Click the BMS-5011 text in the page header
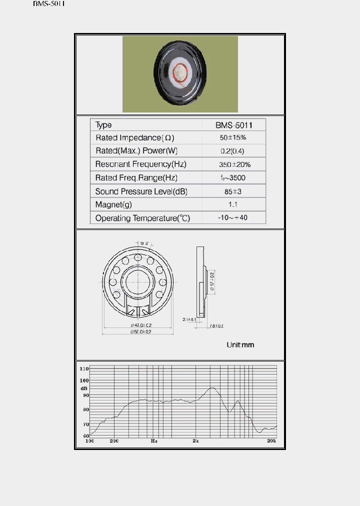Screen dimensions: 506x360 [49, 3]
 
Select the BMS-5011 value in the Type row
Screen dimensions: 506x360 [233, 124]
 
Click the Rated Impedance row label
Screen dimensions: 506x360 [135, 137]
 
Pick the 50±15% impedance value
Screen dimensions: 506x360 [233, 137]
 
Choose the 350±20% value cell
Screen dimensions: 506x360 [233, 164]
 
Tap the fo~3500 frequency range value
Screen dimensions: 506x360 [233, 178]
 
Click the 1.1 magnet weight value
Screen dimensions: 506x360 [233, 204]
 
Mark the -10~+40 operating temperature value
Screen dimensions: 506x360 [233, 218]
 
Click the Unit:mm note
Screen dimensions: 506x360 [240, 345]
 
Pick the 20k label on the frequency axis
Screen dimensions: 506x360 [271, 441]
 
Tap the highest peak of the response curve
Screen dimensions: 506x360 [213, 387]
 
